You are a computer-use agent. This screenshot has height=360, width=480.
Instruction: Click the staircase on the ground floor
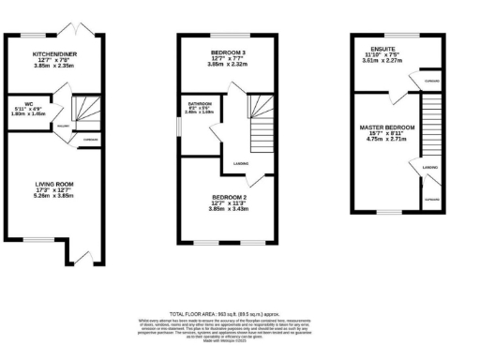(89, 113)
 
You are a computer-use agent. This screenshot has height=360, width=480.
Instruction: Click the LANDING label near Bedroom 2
(241, 162)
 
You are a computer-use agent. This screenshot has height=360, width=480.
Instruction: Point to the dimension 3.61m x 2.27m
(382, 59)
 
